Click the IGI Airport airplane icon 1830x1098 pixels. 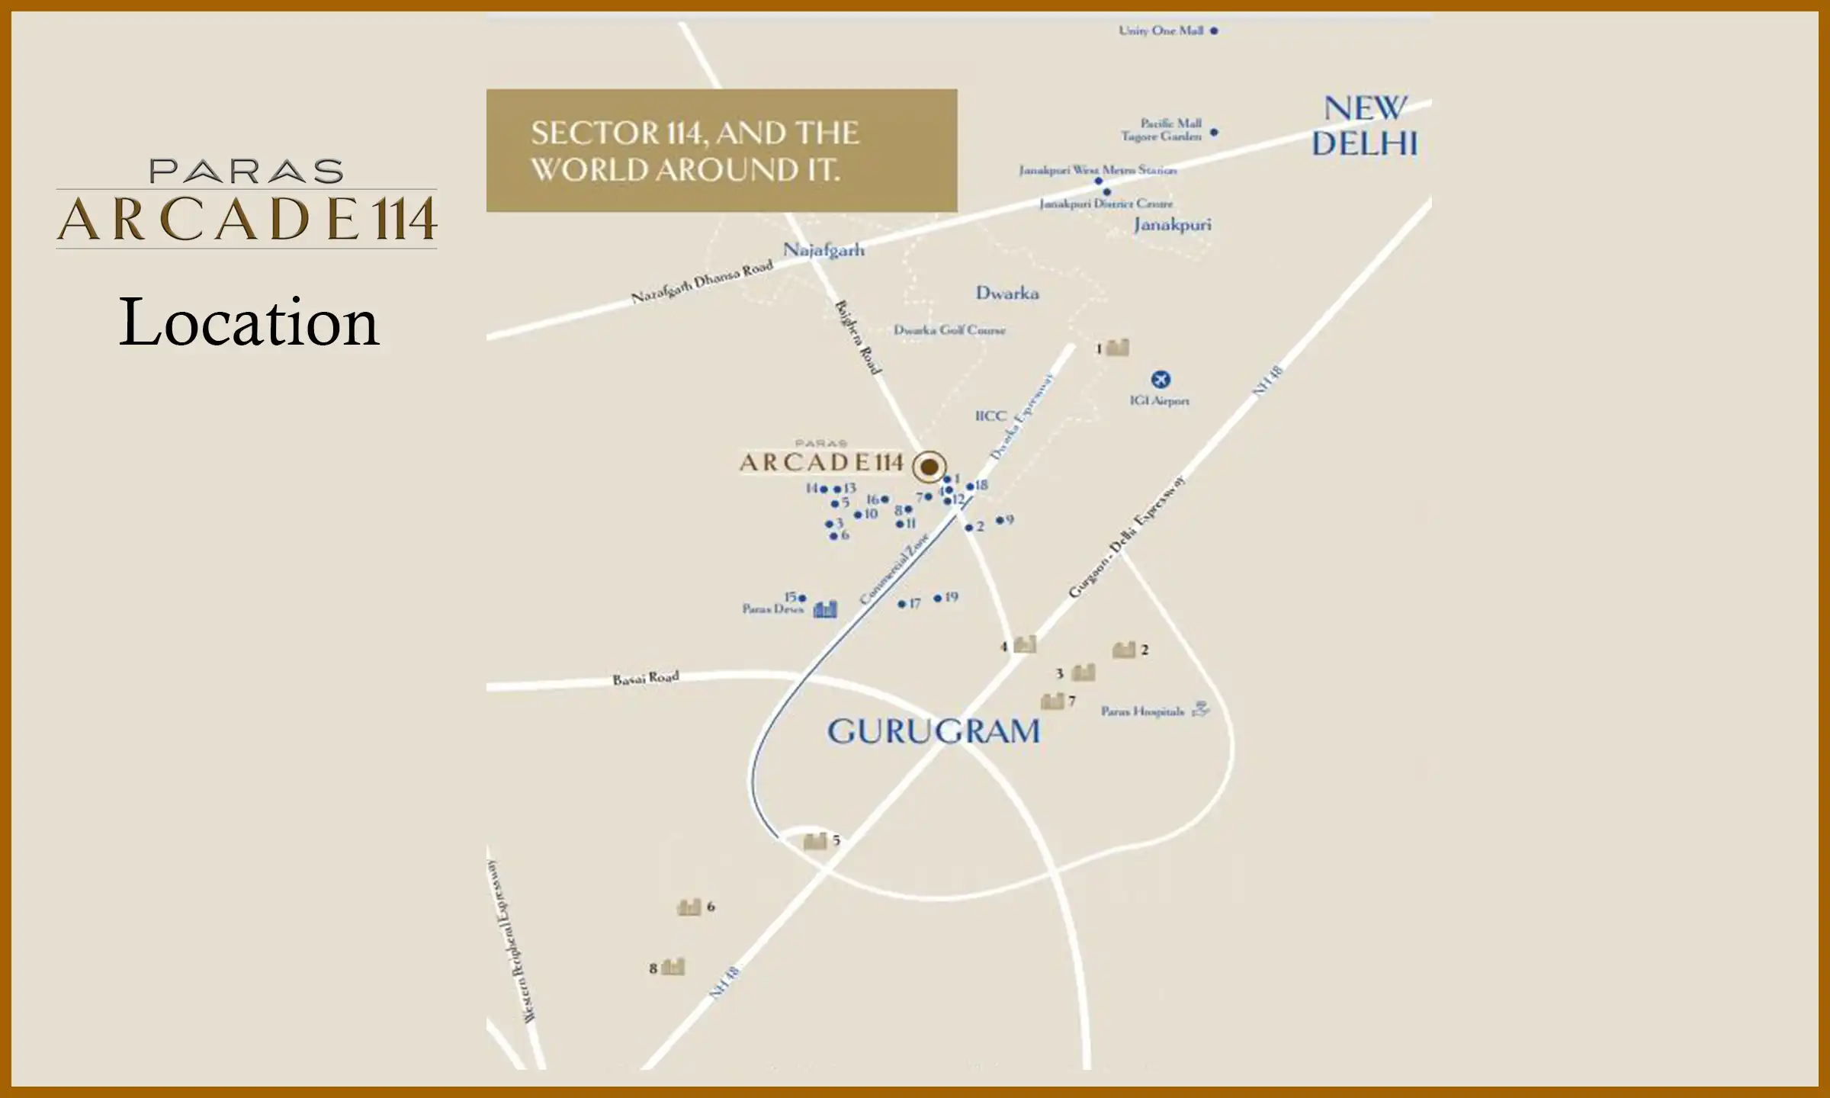1160,379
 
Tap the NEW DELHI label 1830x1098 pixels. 1364,126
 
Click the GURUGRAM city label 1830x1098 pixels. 933,731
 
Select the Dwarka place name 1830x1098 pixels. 1006,293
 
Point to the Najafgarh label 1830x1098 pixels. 823,249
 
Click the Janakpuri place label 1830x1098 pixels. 1172,224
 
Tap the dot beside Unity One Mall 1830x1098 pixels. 1214,31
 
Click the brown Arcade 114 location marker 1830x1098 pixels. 929,466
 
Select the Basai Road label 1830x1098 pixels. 645,678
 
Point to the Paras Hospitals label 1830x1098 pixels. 1142,711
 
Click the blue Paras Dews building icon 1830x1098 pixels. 825,609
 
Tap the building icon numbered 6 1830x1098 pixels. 689,907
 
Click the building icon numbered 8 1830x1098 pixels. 673,967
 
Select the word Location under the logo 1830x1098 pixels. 249,323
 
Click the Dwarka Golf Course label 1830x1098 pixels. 949,330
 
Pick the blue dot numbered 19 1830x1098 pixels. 938,599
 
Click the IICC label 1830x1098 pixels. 990,416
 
